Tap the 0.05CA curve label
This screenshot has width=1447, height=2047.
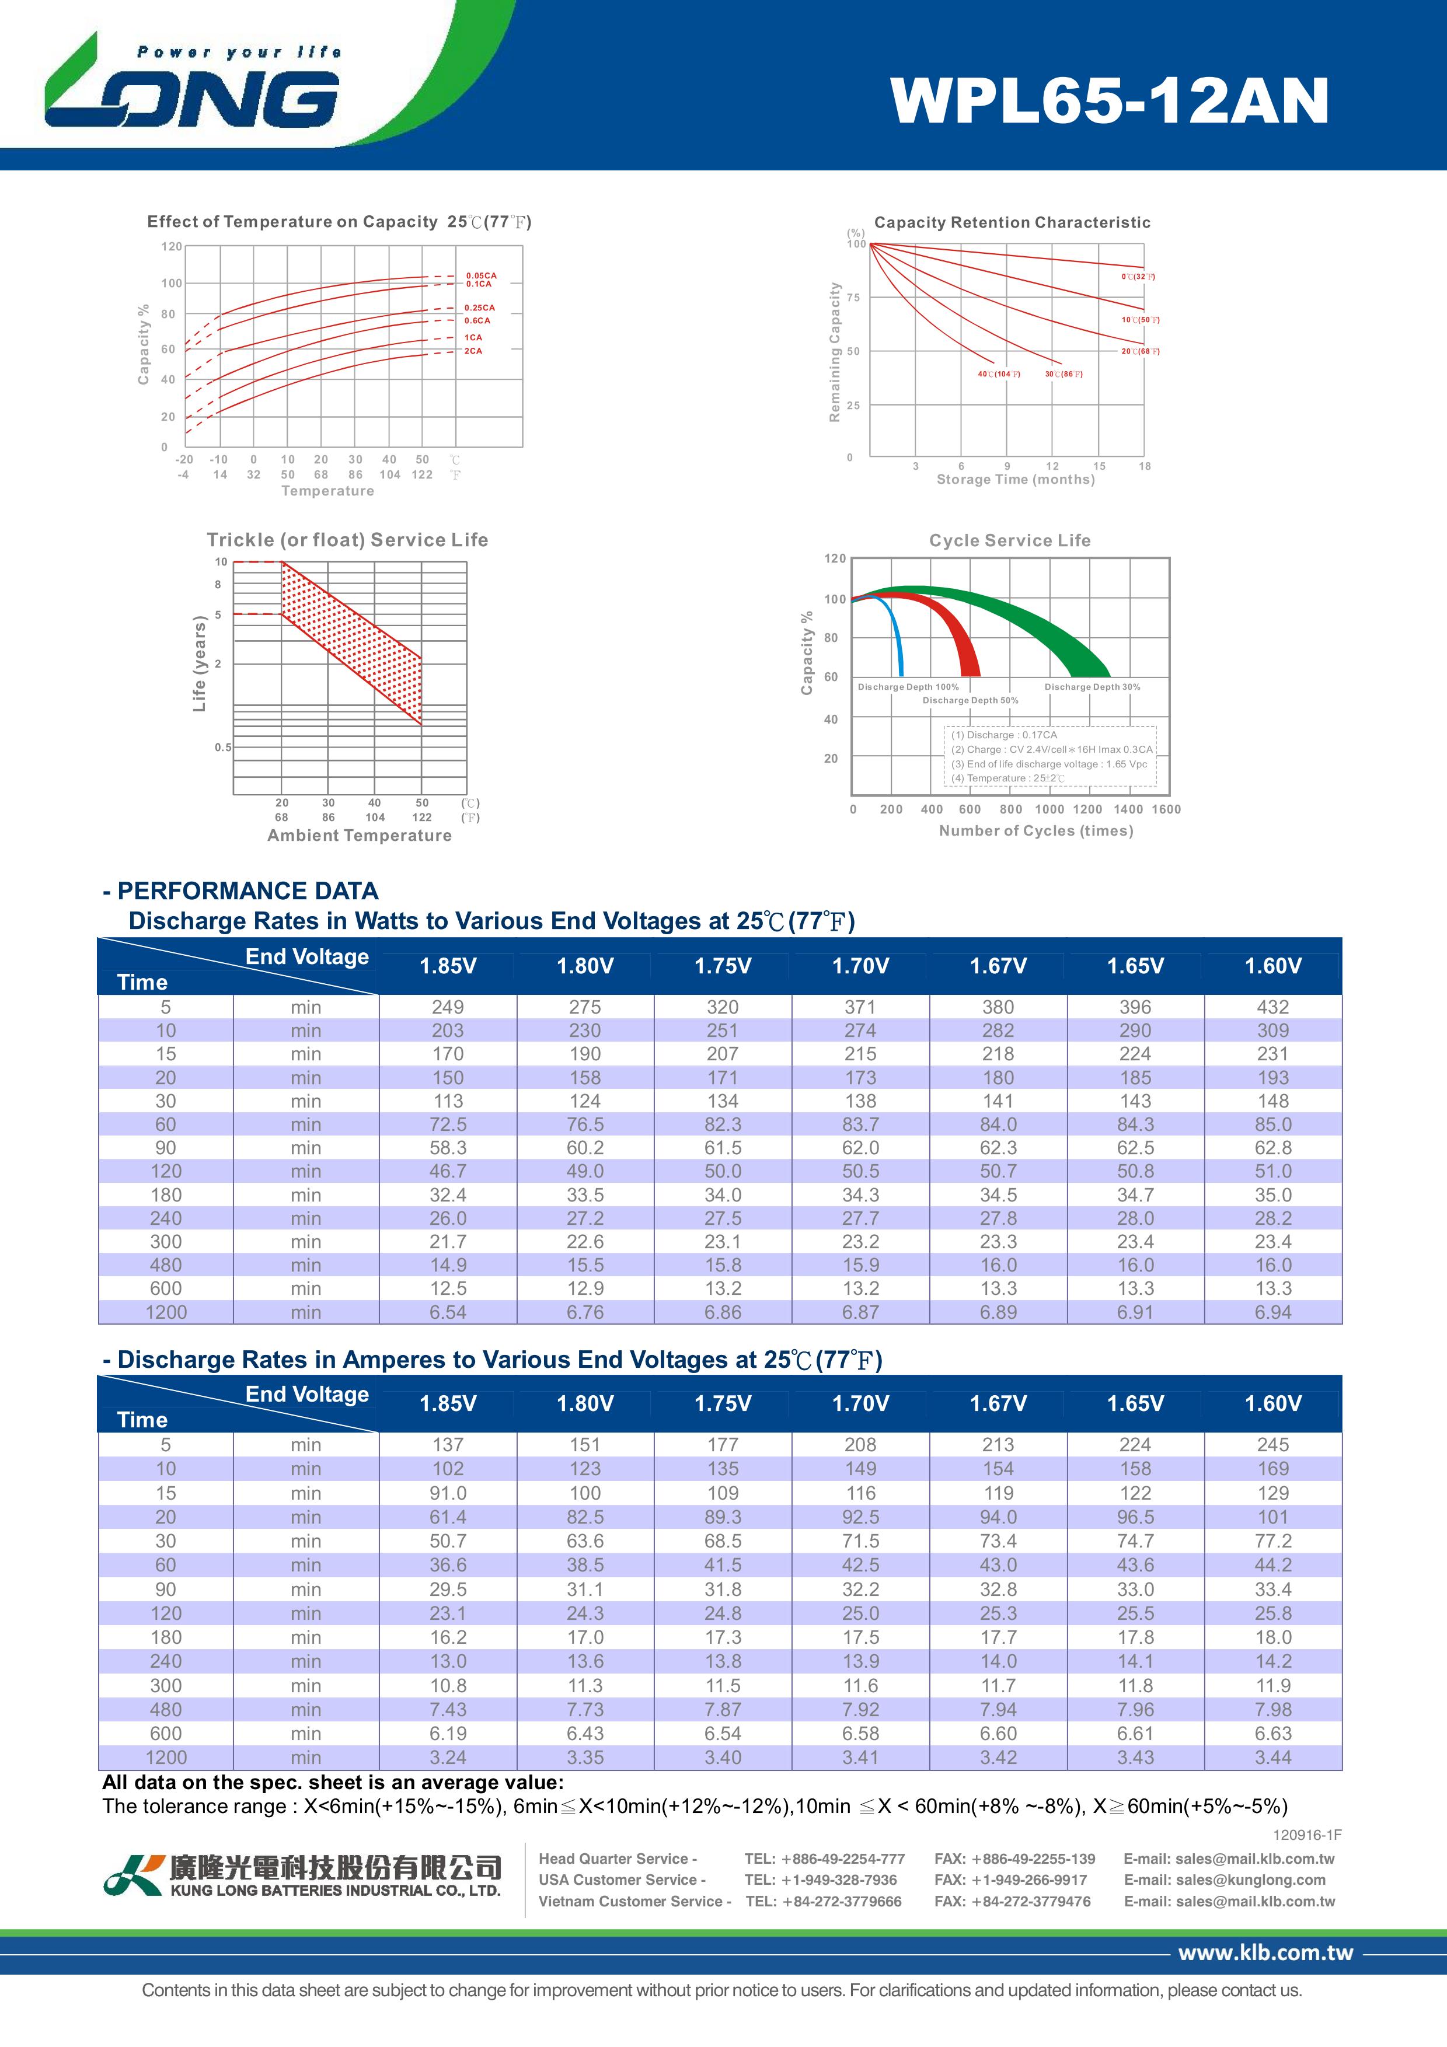(x=482, y=275)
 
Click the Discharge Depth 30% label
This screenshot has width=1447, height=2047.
(x=1092, y=686)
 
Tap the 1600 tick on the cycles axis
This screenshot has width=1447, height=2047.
(x=1166, y=809)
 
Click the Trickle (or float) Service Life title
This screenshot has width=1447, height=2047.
(x=348, y=539)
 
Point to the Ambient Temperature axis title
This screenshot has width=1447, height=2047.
(x=360, y=836)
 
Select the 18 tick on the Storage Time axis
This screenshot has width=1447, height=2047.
(x=1145, y=466)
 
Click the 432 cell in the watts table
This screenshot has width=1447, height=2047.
(x=1272, y=1007)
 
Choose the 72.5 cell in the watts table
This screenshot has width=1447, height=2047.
(x=448, y=1124)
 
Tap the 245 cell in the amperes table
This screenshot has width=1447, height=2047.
(x=1272, y=1444)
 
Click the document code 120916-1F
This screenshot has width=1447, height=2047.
(x=1307, y=1835)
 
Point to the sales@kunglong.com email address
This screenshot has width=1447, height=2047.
(x=1224, y=1880)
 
